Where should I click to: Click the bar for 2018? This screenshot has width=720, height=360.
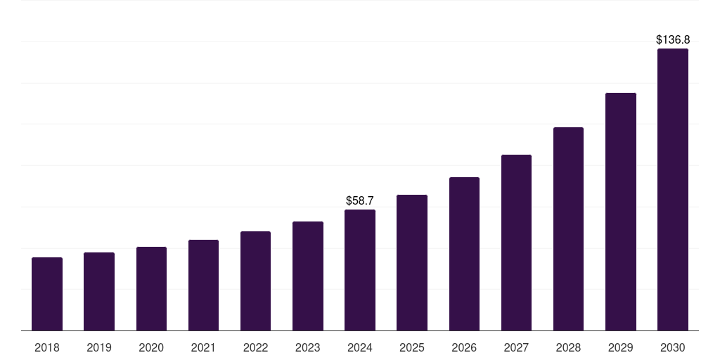click(47, 294)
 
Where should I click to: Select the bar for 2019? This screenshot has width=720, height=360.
click(99, 292)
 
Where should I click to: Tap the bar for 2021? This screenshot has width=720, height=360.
click(203, 285)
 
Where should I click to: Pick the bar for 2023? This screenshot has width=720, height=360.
click(308, 276)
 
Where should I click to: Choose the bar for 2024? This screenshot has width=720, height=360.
click(360, 270)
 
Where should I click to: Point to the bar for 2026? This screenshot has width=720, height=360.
click(464, 254)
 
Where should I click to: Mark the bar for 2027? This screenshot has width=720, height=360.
click(516, 243)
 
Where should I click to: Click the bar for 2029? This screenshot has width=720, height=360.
click(621, 212)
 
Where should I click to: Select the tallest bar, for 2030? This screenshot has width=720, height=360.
click(673, 190)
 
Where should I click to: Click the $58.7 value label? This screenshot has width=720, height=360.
click(360, 201)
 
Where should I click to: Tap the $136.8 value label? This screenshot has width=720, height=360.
click(673, 40)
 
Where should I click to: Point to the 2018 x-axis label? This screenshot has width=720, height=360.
click(47, 347)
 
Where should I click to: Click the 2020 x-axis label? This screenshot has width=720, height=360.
click(151, 347)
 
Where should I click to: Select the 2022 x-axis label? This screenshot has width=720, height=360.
click(255, 347)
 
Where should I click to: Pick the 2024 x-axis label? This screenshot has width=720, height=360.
click(360, 347)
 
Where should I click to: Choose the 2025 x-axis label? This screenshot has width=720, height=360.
click(412, 347)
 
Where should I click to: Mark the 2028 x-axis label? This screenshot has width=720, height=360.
click(568, 347)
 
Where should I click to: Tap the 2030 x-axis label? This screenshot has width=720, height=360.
click(673, 347)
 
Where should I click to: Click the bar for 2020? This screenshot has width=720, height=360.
click(151, 289)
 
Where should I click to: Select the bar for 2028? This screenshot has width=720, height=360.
click(568, 229)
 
